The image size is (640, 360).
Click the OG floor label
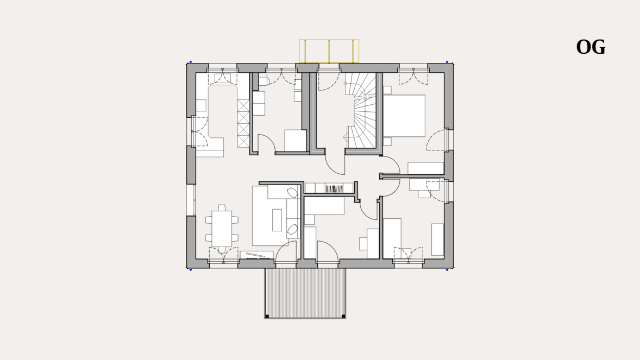tap(591, 47)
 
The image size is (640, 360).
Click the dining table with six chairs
tap(222, 228)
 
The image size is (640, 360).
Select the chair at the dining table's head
tap(222, 208)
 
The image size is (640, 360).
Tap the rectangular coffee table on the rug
tap(277, 220)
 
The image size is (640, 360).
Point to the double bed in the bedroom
tap(404, 116)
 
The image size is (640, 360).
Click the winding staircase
tap(361, 110)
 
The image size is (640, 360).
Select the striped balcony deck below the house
tap(305, 293)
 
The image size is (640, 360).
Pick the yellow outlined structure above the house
tap(329, 51)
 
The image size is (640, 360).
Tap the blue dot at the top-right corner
tap(447, 62)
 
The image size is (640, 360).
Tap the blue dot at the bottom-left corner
tap(191, 269)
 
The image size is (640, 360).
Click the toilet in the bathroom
tap(263, 80)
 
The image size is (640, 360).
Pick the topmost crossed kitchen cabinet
tap(243, 105)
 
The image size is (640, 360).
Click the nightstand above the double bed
tap(387, 90)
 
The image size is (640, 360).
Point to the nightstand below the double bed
tap(387, 142)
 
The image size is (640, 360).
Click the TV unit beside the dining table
tap(256, 255)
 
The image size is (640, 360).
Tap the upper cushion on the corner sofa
tap(292, 192)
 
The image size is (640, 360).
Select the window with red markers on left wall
tap(191, 200)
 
